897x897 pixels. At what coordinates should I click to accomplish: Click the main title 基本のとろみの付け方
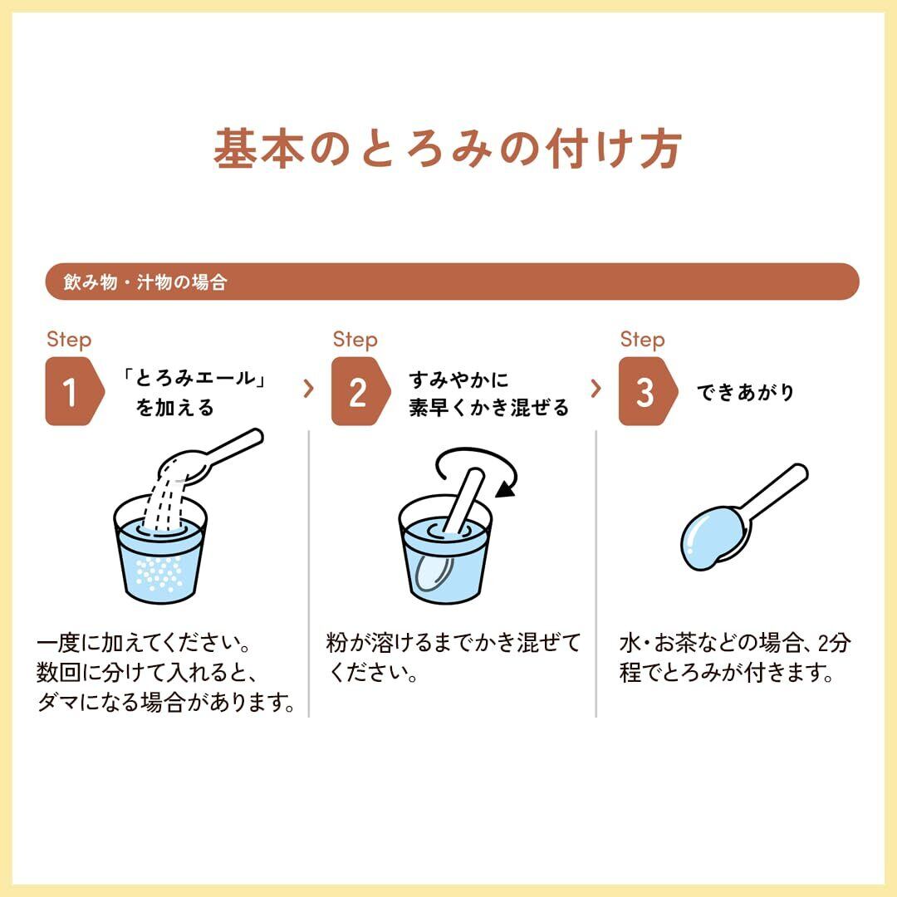tap(448, 149)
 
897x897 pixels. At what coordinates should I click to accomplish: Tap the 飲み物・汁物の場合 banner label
tap(145, 282)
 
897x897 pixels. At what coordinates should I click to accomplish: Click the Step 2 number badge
tap(360, 391)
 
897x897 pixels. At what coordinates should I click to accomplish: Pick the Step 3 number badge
tap(648, 391)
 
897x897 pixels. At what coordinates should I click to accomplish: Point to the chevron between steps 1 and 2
tap(309, 389)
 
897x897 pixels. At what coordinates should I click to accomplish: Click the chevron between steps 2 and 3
tap(596, 389)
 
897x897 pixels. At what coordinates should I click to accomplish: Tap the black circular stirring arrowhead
tap(506, 489)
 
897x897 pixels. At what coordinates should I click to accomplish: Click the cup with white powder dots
tap(159, 549)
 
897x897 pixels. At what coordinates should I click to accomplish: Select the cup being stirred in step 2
tap(445, 549)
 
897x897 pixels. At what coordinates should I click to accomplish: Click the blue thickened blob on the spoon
tap(713, 537)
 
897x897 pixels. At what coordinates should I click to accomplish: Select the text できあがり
tap(745, 392)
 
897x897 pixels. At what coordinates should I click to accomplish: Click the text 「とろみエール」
tap(194, 378)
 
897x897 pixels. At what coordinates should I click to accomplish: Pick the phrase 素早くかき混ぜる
tap(488, 407)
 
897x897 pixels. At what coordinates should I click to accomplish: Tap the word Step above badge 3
tap(642, 340)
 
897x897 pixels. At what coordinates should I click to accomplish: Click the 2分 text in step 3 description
tap(834, 643)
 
